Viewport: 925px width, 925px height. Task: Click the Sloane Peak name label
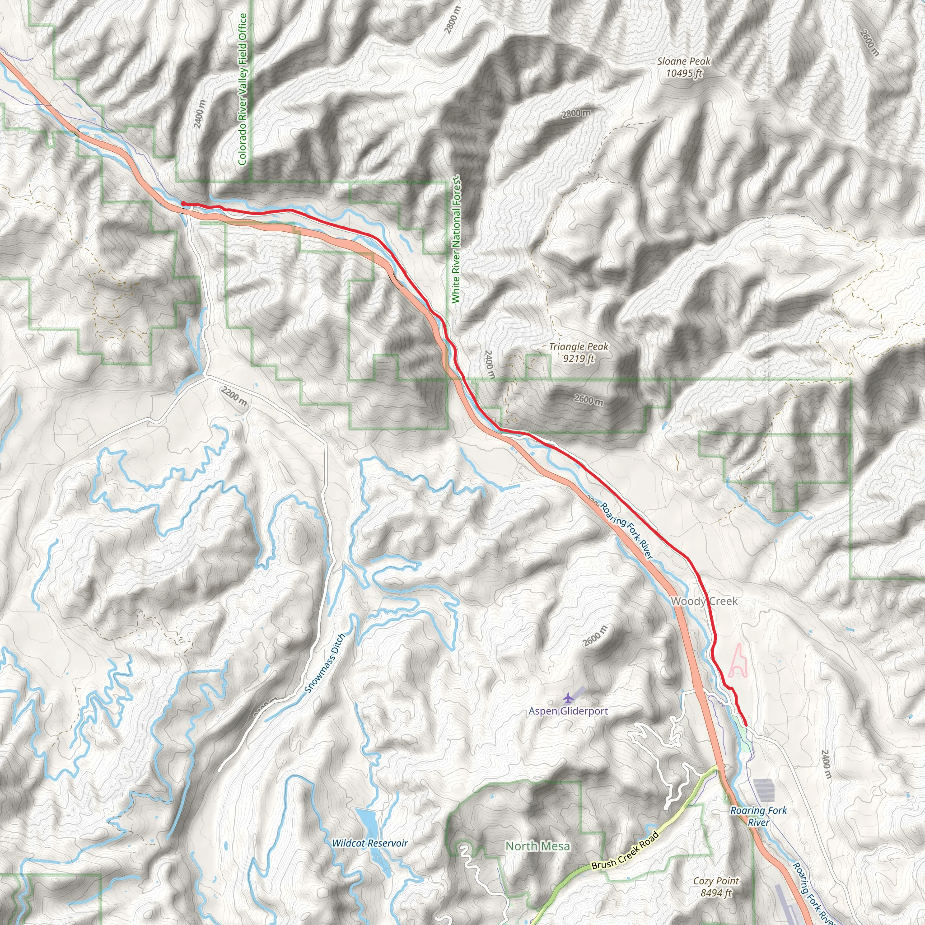click(x=683, y=61)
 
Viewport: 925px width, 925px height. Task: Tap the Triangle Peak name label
click(x=579, y=346)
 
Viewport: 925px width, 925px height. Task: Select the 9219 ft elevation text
click(x=579, y=358)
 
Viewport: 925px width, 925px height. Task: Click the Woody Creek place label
click(x=704, y=601)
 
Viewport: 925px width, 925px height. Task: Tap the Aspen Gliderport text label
click(x=568, y=711)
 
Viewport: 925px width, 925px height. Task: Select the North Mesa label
click(x=537, y=846)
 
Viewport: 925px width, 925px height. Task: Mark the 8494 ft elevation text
click(x=716, y=893)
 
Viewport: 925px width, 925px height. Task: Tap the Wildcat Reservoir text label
click(x=369, y=843)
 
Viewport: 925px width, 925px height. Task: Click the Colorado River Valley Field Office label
click(x=242, y=89)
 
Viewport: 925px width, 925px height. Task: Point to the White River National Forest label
click(x=455, y=239)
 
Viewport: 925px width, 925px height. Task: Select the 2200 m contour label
click(x=234, y=397)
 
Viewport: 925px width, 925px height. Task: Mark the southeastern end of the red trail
click(x=746, y=726)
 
